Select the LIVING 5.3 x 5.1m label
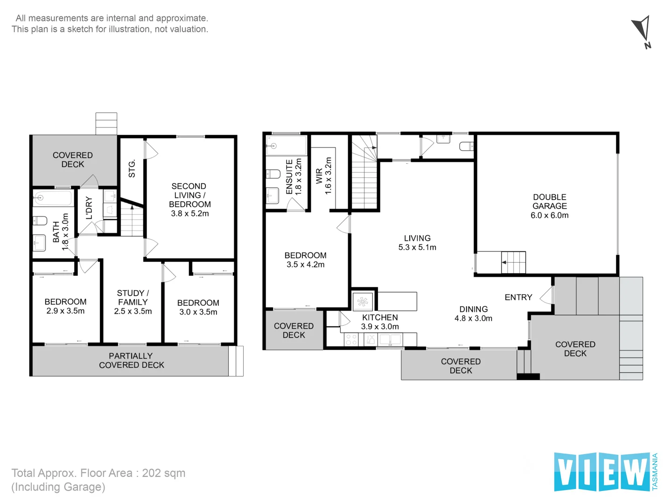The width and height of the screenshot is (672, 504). [x=417, y=243]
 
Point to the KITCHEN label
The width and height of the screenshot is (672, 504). [x=380, y=317]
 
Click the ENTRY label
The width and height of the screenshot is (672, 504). [x=518, y=297]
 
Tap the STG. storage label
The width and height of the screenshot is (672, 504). [x=132, y=168]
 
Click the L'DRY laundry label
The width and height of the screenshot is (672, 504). [x=89, y=208]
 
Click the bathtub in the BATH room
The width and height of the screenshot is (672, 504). [x=53, y=198]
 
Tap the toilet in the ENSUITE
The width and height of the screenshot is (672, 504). [x=273, y=174]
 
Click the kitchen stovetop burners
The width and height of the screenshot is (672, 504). [x=351, y=340]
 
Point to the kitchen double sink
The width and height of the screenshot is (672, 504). [x=390, y=339]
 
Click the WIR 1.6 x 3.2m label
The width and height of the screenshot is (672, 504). [x=323, y=176]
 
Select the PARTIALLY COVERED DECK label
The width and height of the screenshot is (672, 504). [x=131, y=360]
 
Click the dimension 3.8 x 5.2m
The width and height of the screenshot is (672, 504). [x=190, y=213]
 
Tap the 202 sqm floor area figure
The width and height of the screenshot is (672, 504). [x=164, y=473]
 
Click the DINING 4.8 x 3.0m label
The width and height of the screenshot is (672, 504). [x=473, y=314]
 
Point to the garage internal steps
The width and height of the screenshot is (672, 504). [x=513, y=262]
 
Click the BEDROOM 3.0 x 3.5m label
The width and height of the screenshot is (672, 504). [x=198, y=307]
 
